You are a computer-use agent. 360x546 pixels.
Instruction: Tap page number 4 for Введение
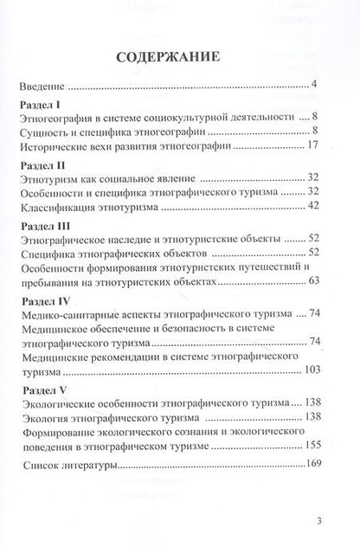tap(317, 87)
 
